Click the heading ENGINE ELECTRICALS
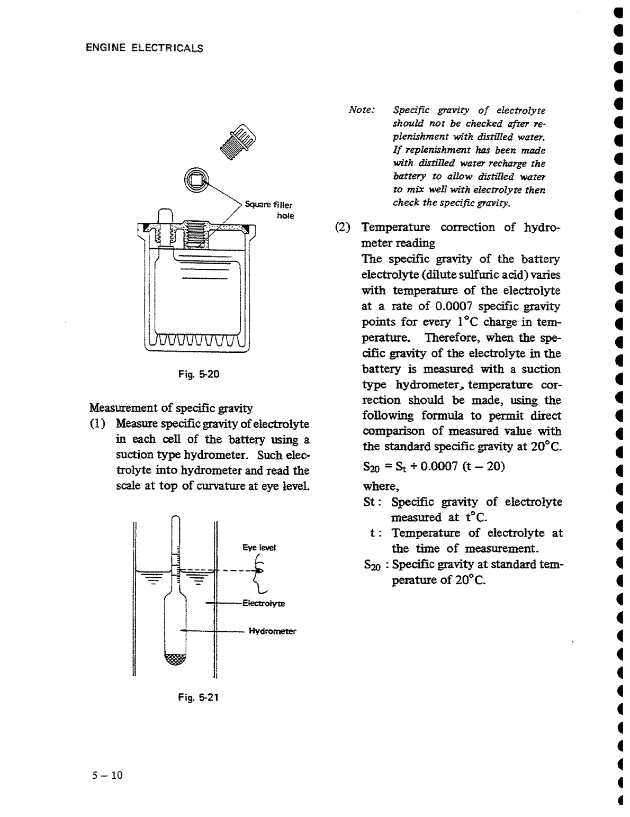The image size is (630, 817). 145,48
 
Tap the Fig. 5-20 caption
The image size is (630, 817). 199,374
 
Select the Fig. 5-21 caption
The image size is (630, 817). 198,697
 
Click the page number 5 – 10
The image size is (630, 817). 107,775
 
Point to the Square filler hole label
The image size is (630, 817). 269,210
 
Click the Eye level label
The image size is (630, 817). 259,548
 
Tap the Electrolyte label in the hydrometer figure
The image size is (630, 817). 264,603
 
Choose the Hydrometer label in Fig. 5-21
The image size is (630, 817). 272,631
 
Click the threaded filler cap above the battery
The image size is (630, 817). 238,141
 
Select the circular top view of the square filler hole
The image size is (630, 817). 196,180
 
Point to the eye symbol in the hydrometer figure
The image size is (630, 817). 259,571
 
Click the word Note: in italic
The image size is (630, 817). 362,110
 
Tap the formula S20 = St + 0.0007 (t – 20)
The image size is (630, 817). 434,467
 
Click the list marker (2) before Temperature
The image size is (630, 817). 343,228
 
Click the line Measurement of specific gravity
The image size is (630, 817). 171,408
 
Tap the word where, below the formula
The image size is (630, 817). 381,486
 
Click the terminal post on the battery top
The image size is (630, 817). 166,217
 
